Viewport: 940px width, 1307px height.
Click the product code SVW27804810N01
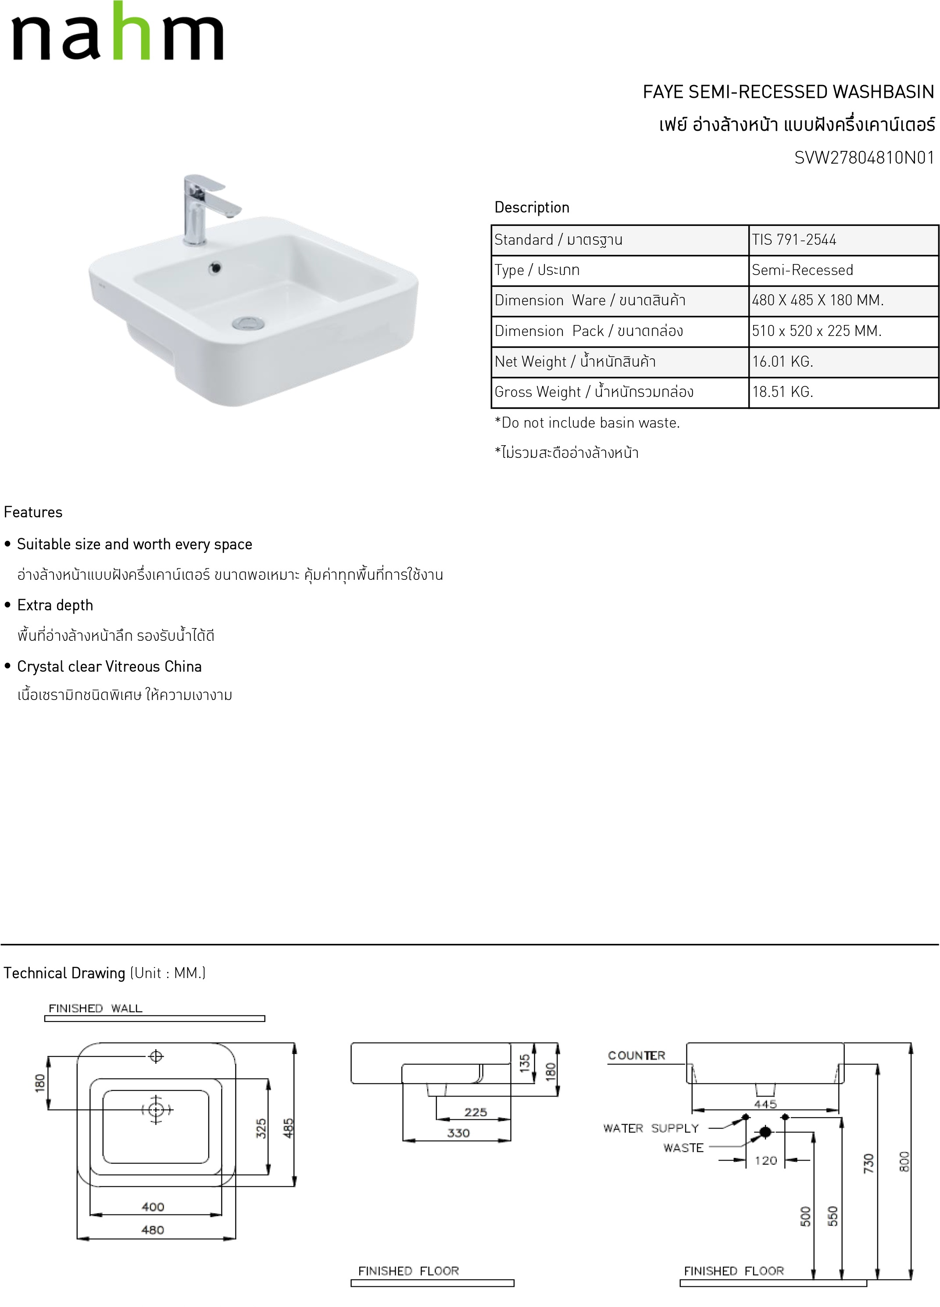tap(864, 158)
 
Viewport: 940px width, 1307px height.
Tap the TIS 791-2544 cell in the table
tap(793, 240)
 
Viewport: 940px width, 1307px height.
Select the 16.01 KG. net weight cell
tap(782, 362)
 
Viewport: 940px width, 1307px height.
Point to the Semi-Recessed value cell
tap(802, 270)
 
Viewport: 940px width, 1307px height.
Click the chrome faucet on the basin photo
tap(202, 207)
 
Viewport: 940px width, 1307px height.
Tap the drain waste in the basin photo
tap(248, 323)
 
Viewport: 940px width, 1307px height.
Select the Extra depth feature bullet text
tap(55, 606)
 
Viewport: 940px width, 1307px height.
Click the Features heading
tap(33, 512)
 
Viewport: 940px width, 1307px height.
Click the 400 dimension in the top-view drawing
tap(153, 1207)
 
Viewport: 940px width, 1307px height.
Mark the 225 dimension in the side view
tap(475, 1112)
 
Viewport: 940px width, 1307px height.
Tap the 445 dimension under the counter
tap(765, 1104)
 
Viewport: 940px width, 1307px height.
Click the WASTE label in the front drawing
tap(683, 1148)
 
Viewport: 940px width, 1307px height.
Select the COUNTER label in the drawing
tap(636, 1056)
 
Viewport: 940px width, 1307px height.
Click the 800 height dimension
tap(904, 1161)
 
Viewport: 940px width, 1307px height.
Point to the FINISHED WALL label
tap(95, 1008)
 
